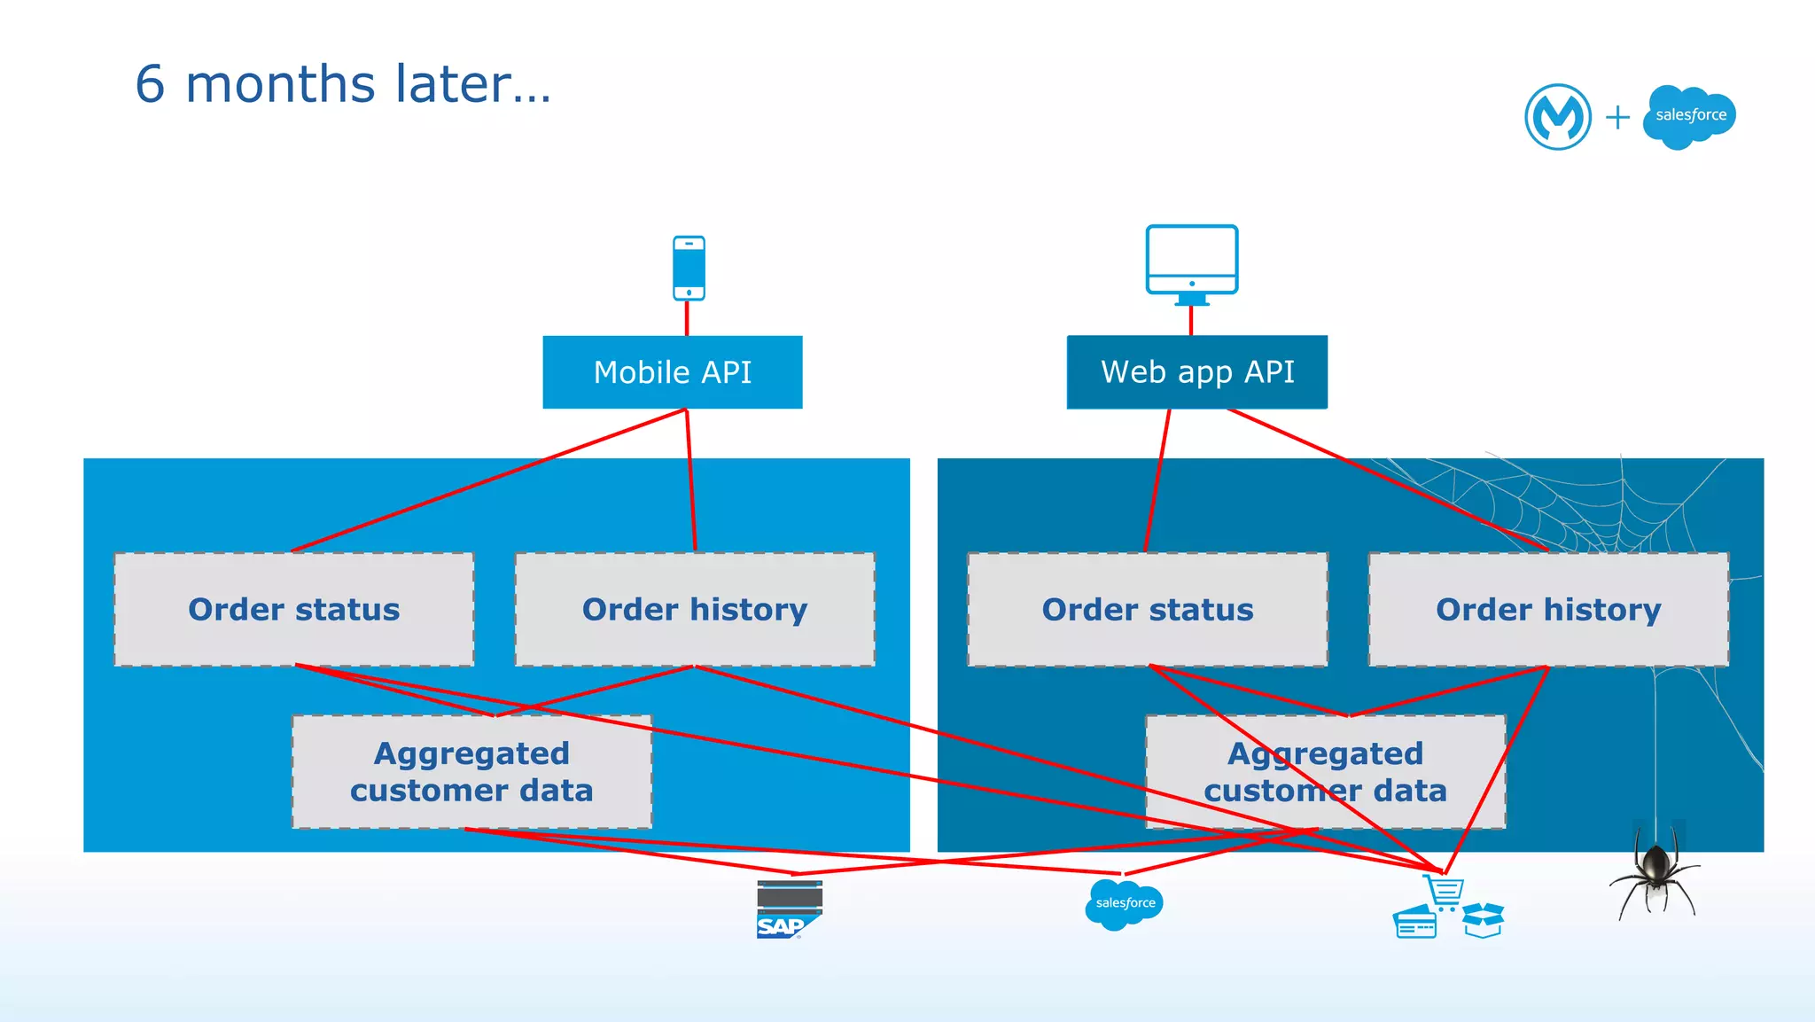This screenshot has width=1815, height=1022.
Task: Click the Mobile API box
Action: [x=672, y=372]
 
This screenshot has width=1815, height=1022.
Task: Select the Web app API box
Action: [x=1196, y=372]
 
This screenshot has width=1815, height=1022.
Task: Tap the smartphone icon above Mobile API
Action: [x=689, y=268]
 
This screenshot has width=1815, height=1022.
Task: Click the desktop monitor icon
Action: [x=1191, y=262]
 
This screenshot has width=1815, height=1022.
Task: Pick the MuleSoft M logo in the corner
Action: [x=1557, y=117]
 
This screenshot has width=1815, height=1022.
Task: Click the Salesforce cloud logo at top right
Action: [x=1689, y=116]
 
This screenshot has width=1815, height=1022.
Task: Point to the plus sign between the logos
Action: [x=1617, y=117]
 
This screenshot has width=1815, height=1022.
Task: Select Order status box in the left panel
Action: [x=293, y=610]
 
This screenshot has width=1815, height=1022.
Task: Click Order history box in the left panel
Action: [x=695, y=610]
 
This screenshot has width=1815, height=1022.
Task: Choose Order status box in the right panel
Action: [x=1147, y=610]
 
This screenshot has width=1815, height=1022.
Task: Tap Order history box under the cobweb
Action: [x=1548, y=610]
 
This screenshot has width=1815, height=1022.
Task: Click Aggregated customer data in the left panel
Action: [x=471, y=772]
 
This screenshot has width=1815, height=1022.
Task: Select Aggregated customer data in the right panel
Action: [x=1325, y=772]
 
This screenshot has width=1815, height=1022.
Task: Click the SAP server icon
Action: [x=789, y=909]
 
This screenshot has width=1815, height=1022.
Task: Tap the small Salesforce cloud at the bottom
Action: [x=1124, y=903]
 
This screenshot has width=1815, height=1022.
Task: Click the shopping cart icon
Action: [x=1445, y=892]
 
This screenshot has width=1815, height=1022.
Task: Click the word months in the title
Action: [x=280, y=84]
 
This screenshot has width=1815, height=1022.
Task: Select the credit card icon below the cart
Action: [x=1414, y=923]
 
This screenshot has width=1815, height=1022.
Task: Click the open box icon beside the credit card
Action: [x=1483, y=920]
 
